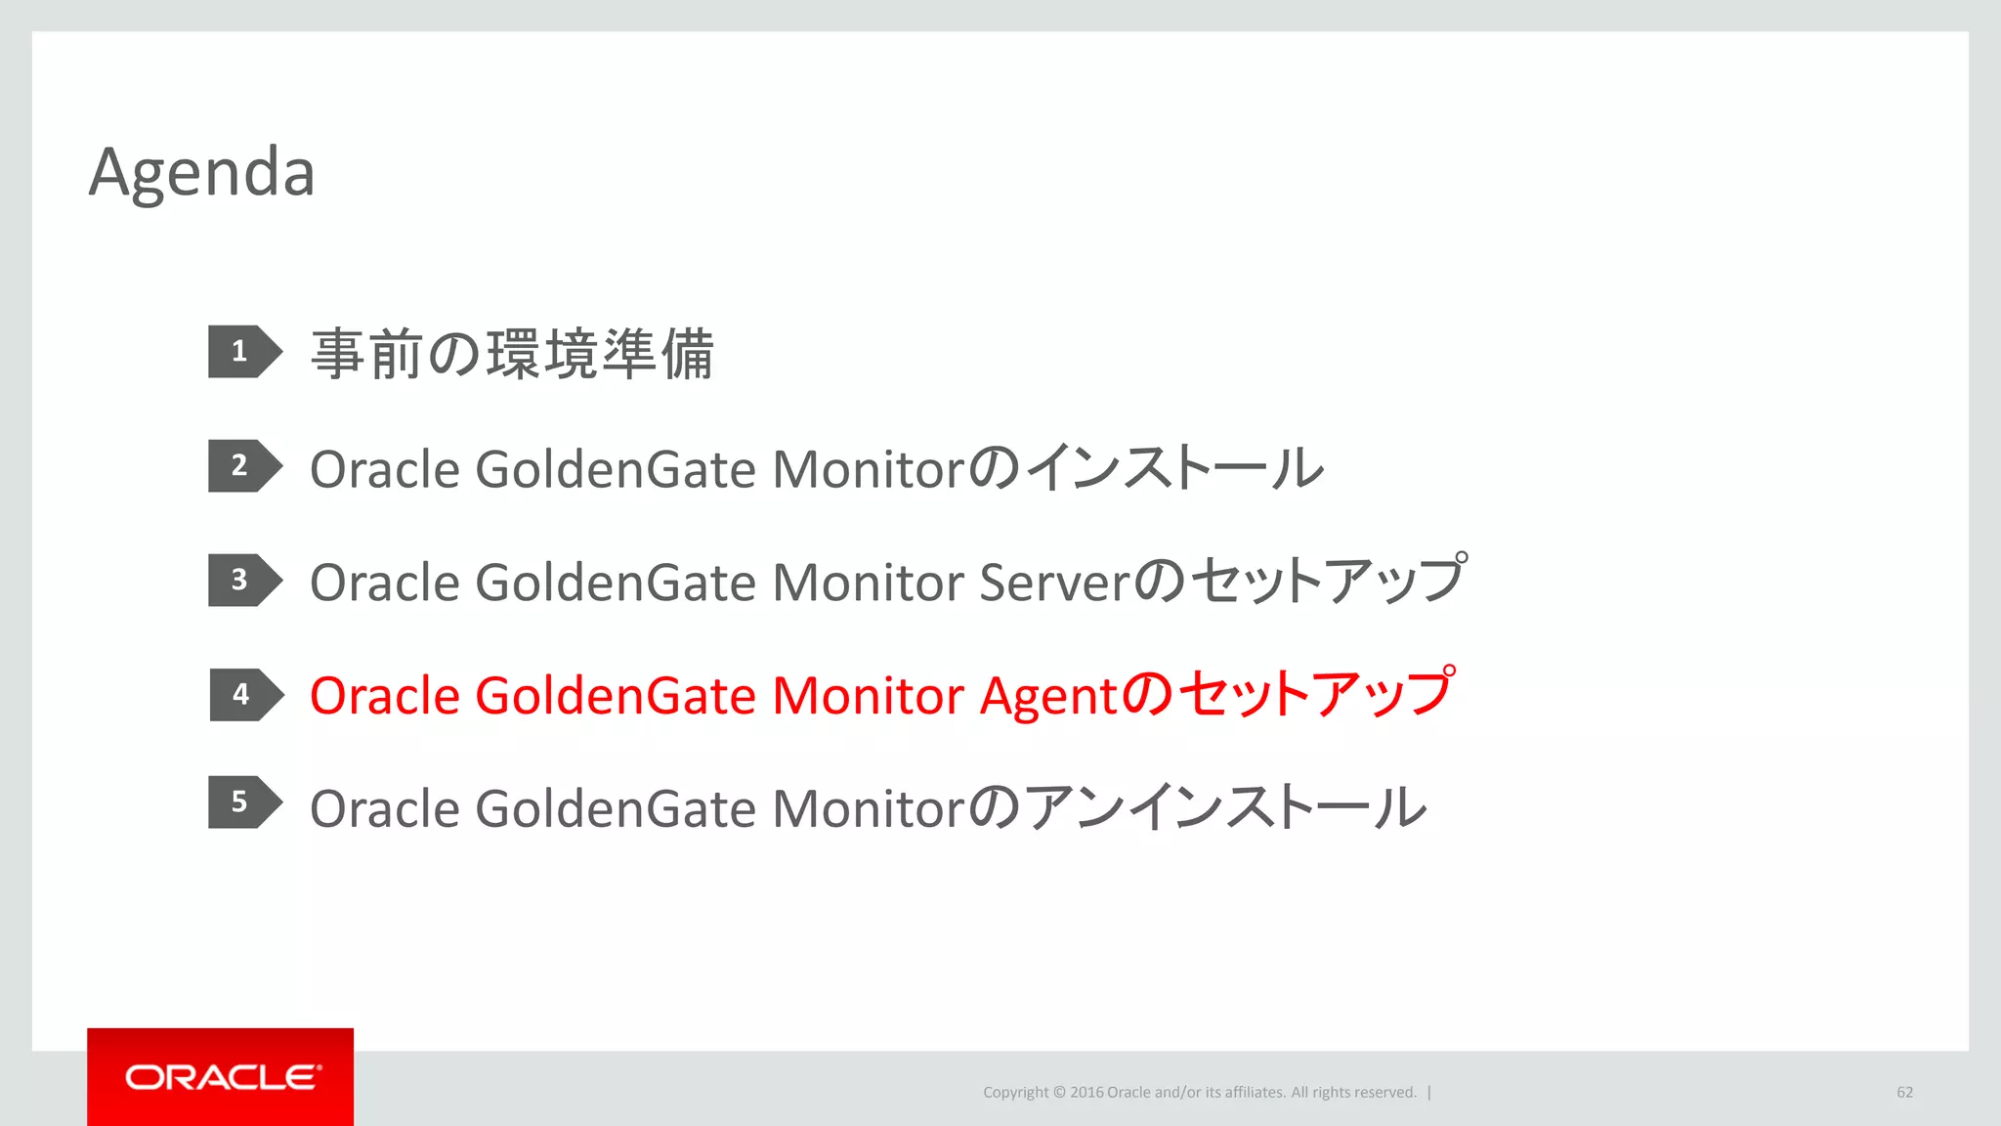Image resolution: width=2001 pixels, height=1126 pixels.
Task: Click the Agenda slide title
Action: (201, 173)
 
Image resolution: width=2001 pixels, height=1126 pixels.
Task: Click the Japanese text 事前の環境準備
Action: (512, 354)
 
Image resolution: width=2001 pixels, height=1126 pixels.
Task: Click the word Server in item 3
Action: (1054, 583)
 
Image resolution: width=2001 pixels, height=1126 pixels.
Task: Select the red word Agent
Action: (1047, 697)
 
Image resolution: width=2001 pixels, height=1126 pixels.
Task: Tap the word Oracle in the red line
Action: (384, 696)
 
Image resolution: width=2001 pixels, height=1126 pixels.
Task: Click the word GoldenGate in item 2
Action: (616, 469)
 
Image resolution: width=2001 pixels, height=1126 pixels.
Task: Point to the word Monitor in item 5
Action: (868, 809)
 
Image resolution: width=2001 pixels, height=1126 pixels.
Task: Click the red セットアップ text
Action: (1315, 694)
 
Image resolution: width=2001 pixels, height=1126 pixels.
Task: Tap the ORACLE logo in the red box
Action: (221, 1077)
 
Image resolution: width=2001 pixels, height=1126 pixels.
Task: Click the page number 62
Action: (1904, 1093)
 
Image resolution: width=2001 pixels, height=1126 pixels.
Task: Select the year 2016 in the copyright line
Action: (1086, 1093)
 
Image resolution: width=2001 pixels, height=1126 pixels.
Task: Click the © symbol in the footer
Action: (1059, 1093)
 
